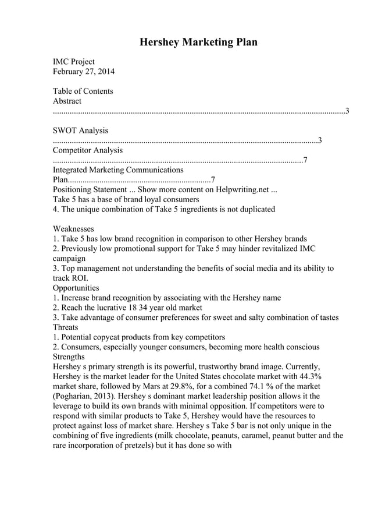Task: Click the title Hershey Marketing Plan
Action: tap(198, 43)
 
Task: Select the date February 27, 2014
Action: tap(84, 72)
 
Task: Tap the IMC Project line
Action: tap(74, 62)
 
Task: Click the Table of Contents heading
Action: tap(83, 91)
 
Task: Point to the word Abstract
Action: tap(67, 101)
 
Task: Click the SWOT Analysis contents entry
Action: tap(80, 130)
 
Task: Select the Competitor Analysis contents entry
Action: tap(87, 150)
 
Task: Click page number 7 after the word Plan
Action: tap(213, 180)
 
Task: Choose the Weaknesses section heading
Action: tap(73, 229)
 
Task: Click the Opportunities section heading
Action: tap(76, 288)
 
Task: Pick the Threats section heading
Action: tap(65, 327)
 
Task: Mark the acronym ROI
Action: tap(78, 278)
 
